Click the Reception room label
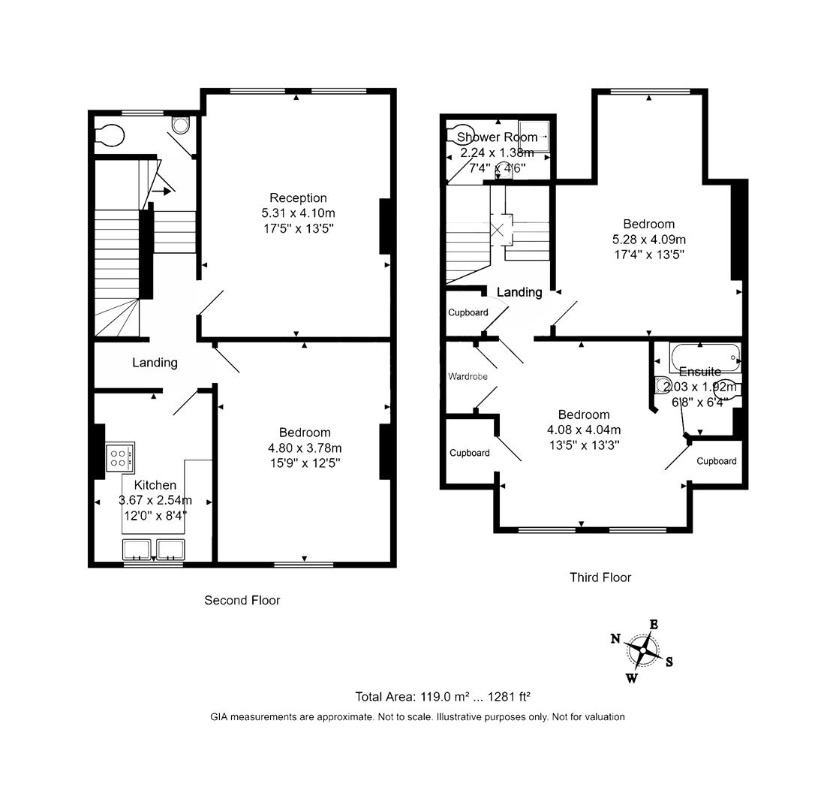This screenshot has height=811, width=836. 298,198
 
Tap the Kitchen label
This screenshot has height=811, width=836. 155,485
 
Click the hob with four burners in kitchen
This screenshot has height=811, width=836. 120,457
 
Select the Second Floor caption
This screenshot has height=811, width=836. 242,601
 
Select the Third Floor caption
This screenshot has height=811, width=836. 600,577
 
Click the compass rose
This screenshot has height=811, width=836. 642,650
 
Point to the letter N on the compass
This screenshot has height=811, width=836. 615,639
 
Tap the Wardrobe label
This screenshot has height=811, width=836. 468,376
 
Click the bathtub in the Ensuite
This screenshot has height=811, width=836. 704,357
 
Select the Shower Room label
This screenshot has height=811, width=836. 497,137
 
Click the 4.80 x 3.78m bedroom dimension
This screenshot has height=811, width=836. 305,448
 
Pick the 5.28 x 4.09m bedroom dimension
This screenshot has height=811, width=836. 648,240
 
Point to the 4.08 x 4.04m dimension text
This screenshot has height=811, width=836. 583,430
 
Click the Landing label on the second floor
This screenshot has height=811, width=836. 155,363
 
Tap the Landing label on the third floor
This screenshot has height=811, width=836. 519,292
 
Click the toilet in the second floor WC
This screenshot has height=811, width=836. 110,135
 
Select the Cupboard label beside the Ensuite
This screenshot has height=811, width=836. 716,461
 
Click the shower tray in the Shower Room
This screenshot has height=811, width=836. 534,137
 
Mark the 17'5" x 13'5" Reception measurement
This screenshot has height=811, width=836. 298,228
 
